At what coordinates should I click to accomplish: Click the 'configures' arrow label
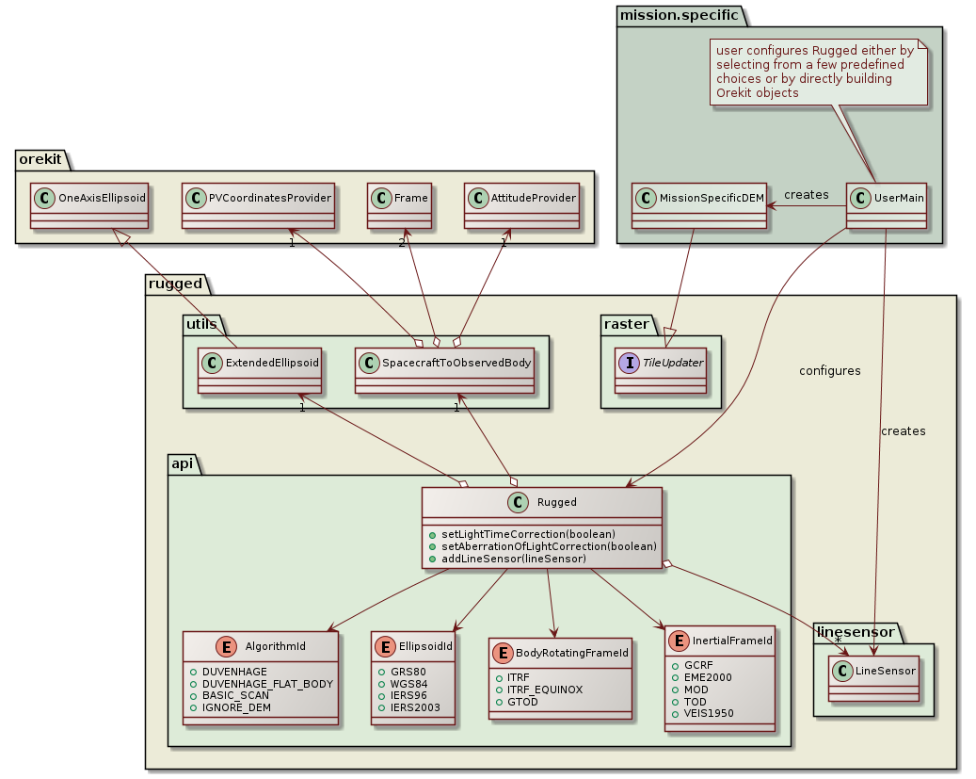tap(829, 371)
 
